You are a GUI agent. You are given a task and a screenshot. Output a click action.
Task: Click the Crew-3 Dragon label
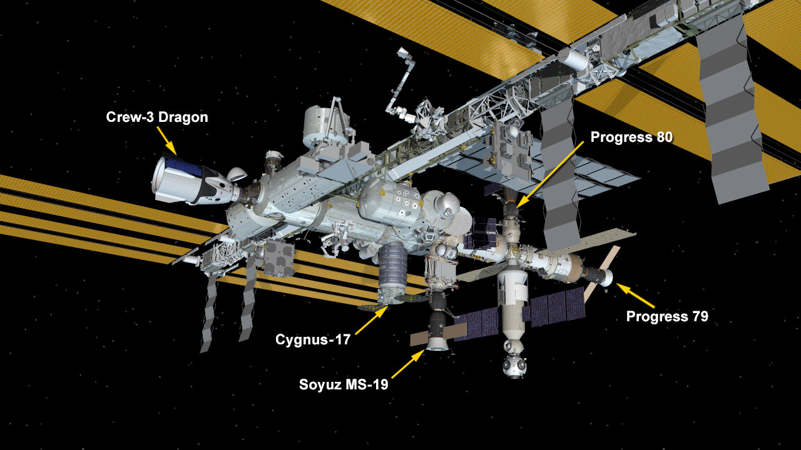[157, 117]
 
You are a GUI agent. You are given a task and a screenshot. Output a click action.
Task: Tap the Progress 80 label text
[631, 137]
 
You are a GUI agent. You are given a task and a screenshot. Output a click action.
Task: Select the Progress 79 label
[667, 316]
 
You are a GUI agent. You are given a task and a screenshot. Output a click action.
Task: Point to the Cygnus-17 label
[313, 339]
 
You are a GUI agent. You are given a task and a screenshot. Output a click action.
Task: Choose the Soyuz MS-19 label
[344, 384]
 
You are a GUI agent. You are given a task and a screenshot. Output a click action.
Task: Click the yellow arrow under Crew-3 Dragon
[166, 141]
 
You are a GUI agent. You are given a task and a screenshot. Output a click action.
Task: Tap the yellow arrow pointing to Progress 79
[635, 295]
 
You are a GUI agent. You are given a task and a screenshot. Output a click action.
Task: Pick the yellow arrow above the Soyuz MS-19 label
[408, 364]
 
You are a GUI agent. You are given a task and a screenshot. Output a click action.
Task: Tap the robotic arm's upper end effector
[402, 52]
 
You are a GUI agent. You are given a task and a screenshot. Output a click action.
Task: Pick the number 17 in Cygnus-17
[343, 339]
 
